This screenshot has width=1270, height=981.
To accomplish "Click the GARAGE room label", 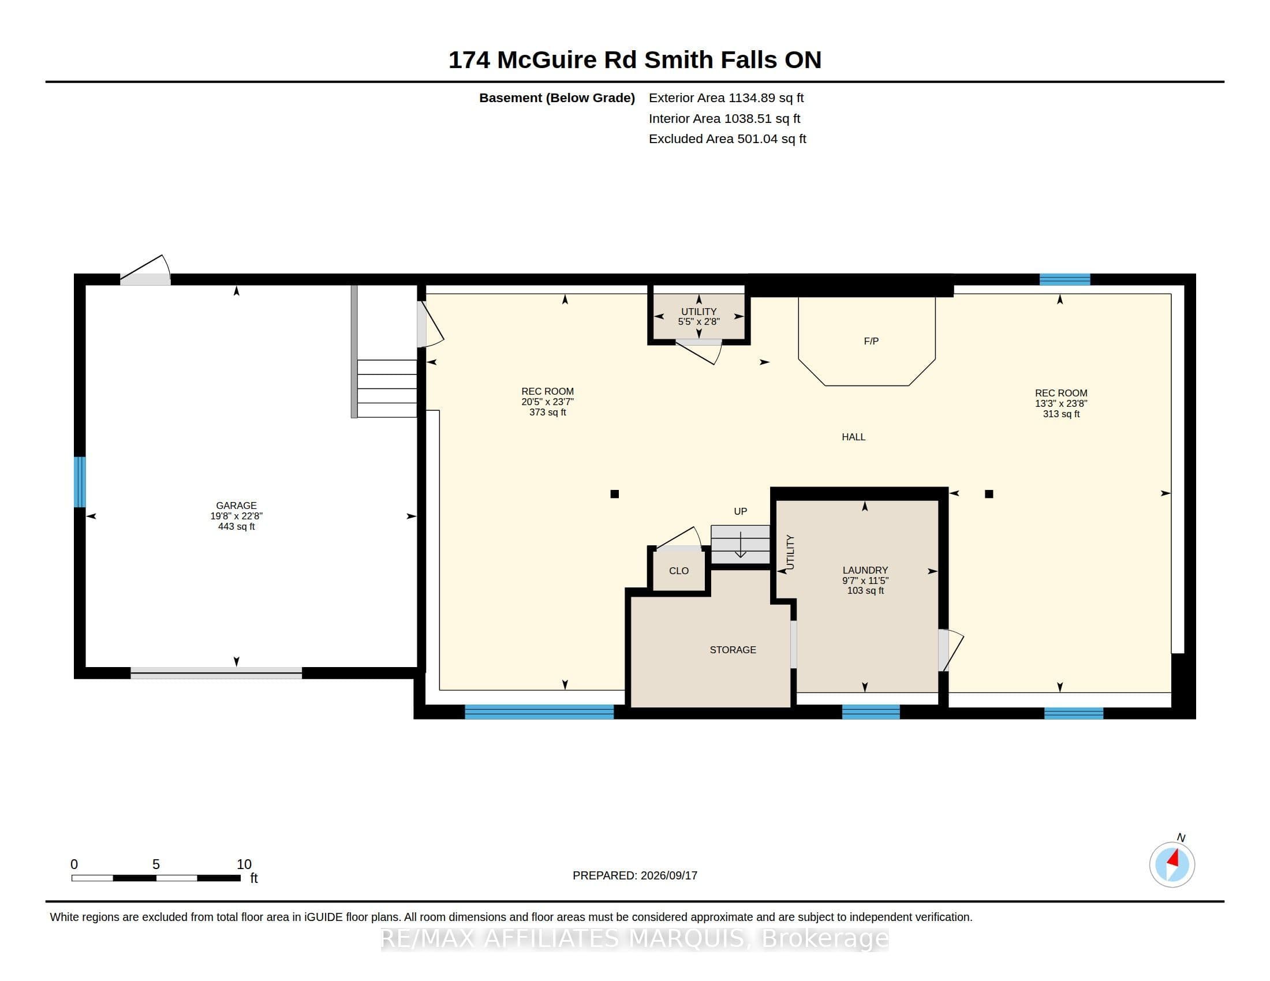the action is point(236,506).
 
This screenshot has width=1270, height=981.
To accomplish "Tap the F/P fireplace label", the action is point(871,341).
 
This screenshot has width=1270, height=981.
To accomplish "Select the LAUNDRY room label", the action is point(865,570).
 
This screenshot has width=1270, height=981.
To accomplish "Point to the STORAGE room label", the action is point(733,650).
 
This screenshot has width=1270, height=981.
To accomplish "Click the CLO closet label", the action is point(679,571).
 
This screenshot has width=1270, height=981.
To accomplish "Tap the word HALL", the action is point(854,437).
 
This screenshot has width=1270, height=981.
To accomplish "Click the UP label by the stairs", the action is point(740,511).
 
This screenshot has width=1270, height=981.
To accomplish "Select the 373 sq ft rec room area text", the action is point(547,413).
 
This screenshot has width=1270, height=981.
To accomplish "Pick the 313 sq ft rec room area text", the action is point(1061,414).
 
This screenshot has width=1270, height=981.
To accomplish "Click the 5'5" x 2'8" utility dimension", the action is point(699,321).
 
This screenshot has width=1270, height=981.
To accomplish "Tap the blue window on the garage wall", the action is point(80,482).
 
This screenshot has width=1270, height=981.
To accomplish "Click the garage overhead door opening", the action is point(216,673).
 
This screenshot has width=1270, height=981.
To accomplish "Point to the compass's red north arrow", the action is point(1174,859).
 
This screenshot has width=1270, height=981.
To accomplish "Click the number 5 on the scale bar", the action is point(156,864).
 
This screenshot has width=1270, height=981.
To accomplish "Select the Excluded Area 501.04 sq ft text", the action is point(727,139).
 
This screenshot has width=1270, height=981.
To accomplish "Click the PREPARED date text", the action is point(635,875).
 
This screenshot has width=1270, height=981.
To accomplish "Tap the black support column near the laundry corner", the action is point(988,494).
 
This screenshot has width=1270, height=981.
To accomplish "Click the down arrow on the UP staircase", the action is point(740,545).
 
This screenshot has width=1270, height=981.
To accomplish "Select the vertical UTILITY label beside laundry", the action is point(790,552).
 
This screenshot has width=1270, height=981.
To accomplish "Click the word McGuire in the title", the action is point(547,60).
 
